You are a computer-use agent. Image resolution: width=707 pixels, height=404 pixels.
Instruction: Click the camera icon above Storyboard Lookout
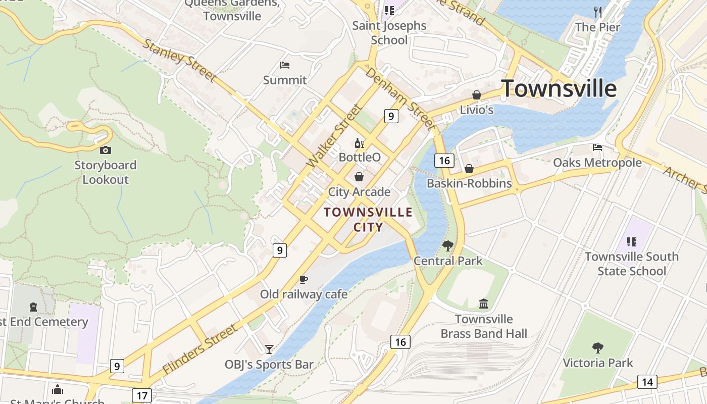(x=105, y=150)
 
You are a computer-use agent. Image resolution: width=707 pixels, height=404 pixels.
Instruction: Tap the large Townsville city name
(x=559, y=89)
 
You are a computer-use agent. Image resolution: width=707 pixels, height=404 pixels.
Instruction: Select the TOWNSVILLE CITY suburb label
(x=368, y=219)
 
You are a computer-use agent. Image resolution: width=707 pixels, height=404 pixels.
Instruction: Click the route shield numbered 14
(x=647, y=382)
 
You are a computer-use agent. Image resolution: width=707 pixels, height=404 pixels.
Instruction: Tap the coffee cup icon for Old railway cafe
(x=303, y=279)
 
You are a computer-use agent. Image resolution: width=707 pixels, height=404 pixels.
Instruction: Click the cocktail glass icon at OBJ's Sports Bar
(x=269, y=349)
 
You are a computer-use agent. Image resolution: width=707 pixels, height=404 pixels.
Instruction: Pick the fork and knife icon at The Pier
(x=598, y=12)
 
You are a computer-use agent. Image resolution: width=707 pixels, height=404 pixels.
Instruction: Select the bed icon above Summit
(x=285, y=65)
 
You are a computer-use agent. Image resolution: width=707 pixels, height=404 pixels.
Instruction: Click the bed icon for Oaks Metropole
(x=597, y=147)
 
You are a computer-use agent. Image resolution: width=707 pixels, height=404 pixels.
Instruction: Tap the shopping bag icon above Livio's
(x=476, y=95)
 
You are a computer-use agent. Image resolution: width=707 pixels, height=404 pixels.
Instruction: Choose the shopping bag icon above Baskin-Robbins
(x=469, y=169)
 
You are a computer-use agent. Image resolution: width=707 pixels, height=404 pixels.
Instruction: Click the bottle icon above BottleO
(x=359, y=143)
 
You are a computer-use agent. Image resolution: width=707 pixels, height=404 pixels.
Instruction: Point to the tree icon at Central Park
(x=448, y=246)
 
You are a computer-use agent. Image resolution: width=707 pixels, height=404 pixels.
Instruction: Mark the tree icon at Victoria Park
(x=597, y=347)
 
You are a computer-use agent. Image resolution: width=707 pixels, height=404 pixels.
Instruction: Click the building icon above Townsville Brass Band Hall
(x=484, y=304)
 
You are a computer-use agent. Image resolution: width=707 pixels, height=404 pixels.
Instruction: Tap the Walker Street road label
(x=334, y=136)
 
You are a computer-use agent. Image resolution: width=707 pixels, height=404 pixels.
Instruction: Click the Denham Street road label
(x=399, y=97)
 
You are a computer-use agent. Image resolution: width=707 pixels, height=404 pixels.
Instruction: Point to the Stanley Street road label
(x=179, y=59)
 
